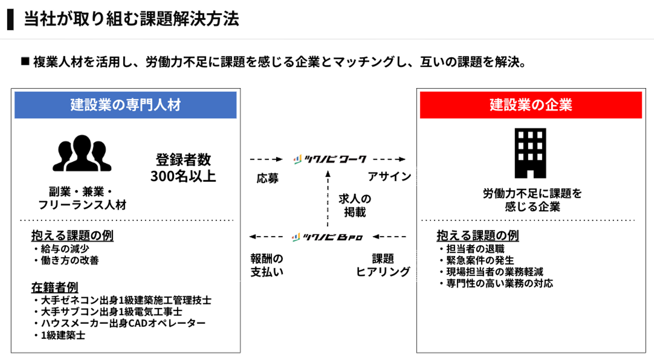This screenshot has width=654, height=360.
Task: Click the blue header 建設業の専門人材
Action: [x=125, y=105]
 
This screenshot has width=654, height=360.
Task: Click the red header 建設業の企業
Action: [x=530, y=105]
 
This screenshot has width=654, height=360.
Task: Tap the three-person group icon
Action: [x=82, y=153]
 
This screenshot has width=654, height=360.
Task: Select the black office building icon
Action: [x=530, y=153]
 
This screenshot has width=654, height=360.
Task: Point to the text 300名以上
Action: [x=183, y=176]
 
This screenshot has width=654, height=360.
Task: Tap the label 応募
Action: [x=268, y=178]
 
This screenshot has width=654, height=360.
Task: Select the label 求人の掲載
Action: [x=355, y=205]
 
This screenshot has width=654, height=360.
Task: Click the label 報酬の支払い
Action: [x=267, y=265]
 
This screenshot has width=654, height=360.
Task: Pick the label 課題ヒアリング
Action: [x=383, y=265]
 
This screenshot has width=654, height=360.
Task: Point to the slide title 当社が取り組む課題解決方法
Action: [x=131, y=20]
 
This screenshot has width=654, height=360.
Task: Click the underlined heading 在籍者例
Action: [x=54, y=287]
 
